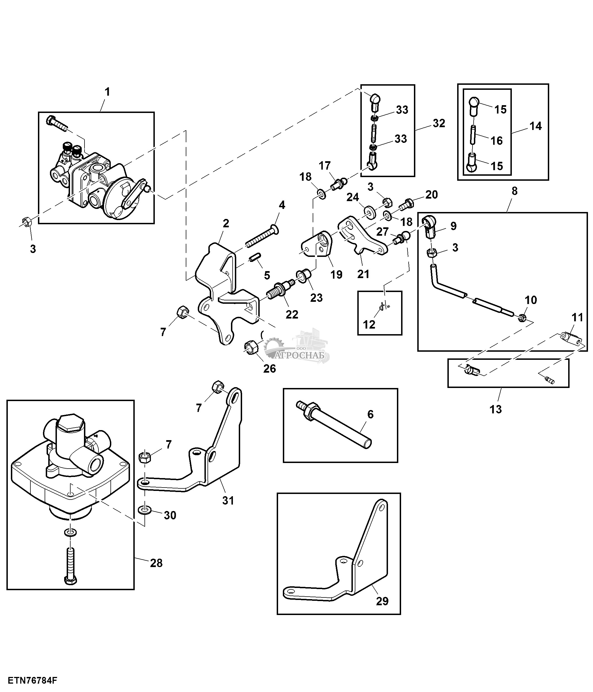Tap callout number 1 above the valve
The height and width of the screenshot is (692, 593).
(x=107, y=92)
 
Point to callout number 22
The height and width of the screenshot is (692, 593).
(x=292, y=314)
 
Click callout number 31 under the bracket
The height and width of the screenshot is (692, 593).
(x=228, y=510)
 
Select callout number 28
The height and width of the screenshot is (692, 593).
(x=156, y=572)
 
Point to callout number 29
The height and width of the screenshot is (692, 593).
(x=382, y=610)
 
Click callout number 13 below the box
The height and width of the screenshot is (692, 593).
(x=495, y=409)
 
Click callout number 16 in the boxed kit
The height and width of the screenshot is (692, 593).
(x=496, y=141)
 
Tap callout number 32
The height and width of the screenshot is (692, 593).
(x=439, y=123)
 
